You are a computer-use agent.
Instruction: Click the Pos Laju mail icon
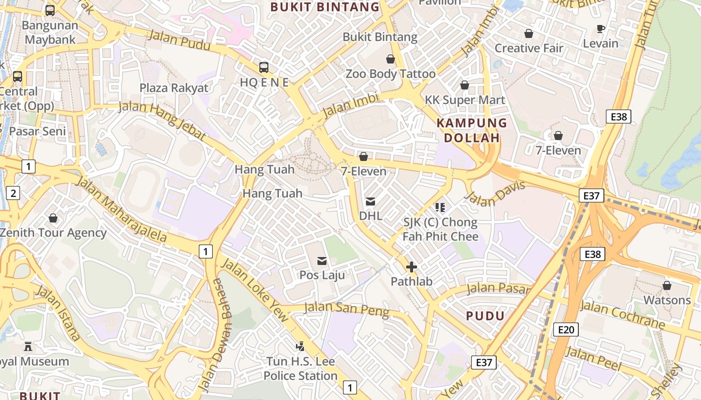321,261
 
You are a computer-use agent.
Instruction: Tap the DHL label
371,216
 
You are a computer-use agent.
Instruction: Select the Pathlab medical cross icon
411,267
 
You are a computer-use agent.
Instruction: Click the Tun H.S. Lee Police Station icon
300,345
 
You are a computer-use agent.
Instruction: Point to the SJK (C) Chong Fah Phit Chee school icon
440,207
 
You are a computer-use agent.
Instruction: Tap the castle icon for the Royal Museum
28,346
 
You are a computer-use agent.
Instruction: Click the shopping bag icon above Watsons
666,285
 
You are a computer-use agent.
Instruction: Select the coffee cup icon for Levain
601,28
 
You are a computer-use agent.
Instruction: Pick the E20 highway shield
566,329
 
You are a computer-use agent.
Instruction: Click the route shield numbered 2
13,193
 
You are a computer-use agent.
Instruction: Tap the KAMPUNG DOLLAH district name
472,130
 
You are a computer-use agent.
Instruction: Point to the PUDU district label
485,316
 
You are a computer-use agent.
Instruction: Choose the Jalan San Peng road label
346,309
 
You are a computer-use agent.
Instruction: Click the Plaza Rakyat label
174,88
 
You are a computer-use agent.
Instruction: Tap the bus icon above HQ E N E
264,67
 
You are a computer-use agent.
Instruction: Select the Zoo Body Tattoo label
391,74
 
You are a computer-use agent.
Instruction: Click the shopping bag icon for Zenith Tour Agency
53,218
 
